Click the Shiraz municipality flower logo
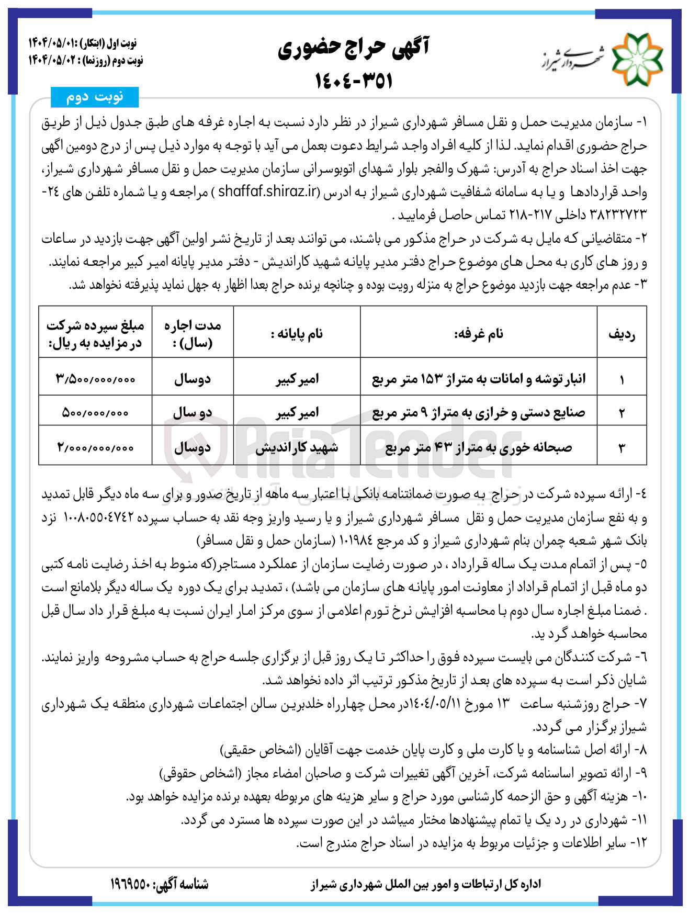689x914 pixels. click(x=637, y=59)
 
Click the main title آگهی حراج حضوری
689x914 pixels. click(x=353, y=49)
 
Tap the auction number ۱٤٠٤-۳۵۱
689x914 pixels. click(x=354, y=81)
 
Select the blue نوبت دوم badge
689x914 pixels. click(x=94, y=97)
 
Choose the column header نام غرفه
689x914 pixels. click(x=479, y=333)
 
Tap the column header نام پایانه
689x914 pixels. click(x=297, y=333)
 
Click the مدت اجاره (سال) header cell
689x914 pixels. click(x=193, y=334)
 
